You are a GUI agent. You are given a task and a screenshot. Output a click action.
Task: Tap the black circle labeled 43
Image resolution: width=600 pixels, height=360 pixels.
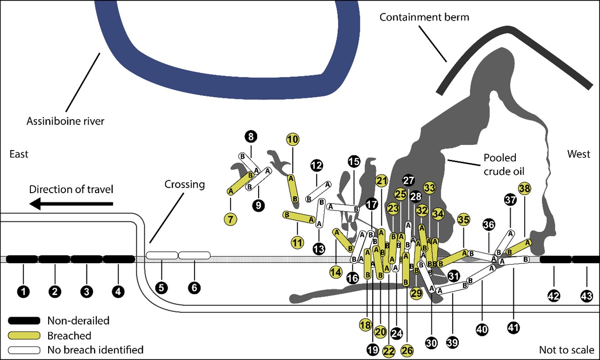click(587, 296)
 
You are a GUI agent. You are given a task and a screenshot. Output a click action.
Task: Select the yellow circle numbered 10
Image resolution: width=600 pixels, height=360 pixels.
click(293, 140)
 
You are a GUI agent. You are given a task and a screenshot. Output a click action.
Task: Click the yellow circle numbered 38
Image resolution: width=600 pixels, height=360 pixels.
click(525, 188)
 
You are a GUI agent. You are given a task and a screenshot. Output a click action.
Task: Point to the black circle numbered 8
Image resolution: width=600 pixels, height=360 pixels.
click(251, 136)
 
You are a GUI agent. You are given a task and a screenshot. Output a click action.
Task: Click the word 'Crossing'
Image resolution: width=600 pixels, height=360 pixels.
click(185, 185)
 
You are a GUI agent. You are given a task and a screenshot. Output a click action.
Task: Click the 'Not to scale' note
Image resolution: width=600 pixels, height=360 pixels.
click(566, 350)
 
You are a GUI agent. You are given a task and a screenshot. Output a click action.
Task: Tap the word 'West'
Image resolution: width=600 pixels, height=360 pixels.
click(578, 154)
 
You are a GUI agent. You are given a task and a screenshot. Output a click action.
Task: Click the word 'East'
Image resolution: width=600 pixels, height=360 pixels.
click(19, 155)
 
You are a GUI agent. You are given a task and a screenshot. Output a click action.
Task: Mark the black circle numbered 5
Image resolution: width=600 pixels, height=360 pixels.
click(161, 287)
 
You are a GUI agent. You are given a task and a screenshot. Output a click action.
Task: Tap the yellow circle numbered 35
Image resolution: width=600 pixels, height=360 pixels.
click(464, 220)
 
